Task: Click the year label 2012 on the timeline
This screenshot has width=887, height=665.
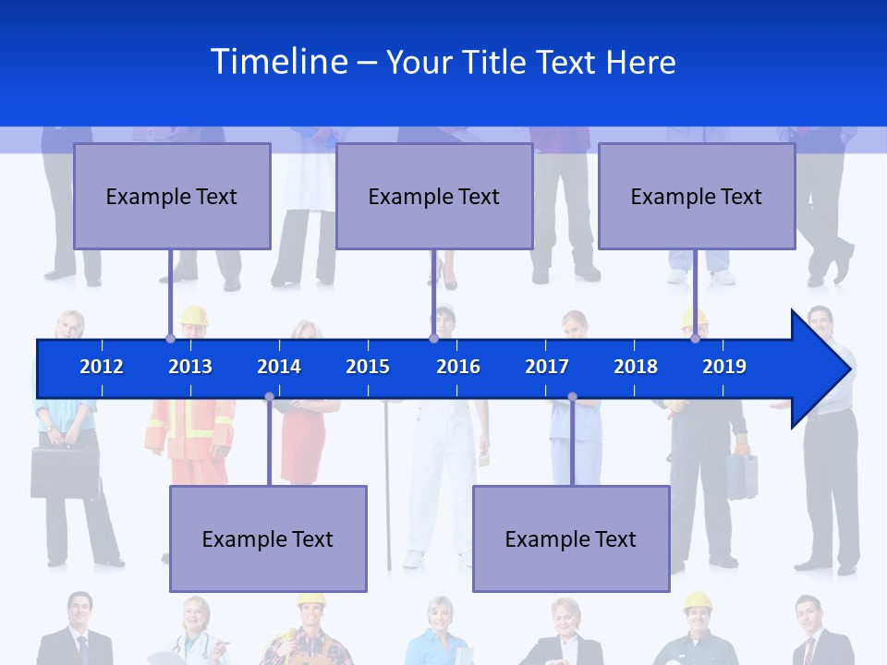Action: coord(102,367)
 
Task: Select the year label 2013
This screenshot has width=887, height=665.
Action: coord(190,367)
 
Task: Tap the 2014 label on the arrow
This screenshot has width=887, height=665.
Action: coord(279,367)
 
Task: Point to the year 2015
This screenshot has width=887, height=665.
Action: coord(368,367)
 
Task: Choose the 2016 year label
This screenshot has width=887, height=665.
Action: coord(458,367)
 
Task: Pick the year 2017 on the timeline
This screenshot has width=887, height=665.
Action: coord(547,367)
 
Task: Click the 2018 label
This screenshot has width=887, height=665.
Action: coord(636,367)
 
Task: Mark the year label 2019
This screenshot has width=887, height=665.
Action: coord(724,367)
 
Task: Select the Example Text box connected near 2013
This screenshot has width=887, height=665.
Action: coord(172,196)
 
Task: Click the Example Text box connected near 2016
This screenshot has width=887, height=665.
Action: coord(434,196)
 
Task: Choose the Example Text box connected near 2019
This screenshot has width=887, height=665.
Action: coord(697,196)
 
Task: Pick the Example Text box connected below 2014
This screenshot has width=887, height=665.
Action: coord(268,538)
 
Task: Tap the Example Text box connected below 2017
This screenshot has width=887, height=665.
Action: coord(571,538)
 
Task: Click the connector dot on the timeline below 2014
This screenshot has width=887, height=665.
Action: coord(269,397)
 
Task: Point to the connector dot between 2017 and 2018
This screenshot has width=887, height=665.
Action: coord(572,397)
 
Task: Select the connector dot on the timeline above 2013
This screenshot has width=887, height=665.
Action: coord(170,338)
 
